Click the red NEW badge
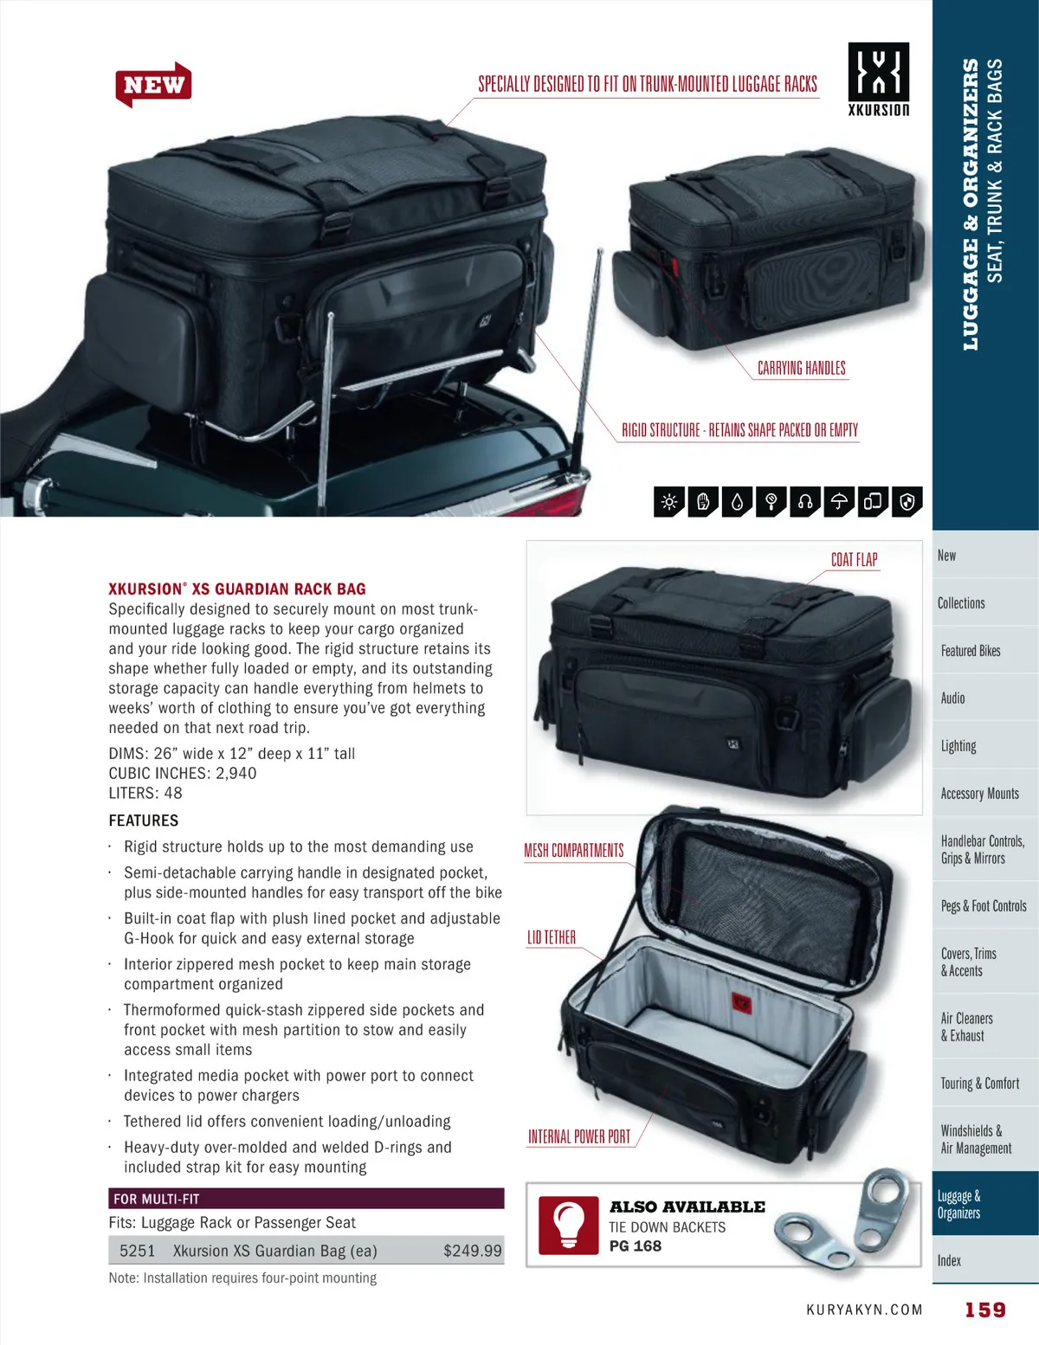coord(153,85)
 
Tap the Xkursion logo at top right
coord(878,78)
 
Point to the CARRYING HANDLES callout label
coord(801,368)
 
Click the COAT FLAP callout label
coord(854,560)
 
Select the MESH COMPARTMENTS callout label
coord(573,851)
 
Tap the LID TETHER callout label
coord(552,937)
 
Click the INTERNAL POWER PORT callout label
coord(579,1136)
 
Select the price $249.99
coord(472,1251)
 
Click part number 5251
coord(137,1251)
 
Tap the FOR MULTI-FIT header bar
coord(306,1199)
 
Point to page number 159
coord(985,1310)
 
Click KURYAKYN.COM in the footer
coord(864,1310)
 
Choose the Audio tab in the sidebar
coord(952,698)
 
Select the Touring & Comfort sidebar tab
coord(979,1083)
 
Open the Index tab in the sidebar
coord(949,1260)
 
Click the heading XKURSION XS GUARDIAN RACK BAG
coord(237,589)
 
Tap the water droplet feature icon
coord(737,502)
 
